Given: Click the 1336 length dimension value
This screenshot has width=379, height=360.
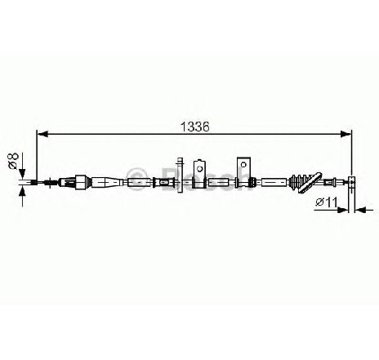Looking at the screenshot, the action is [x=195, y=127].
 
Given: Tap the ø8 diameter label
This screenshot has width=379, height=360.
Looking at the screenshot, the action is [x=13, y=161].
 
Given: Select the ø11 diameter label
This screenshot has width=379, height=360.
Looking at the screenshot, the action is [x=327, y=202].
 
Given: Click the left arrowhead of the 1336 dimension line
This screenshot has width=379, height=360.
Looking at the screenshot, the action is [x=42, y=134].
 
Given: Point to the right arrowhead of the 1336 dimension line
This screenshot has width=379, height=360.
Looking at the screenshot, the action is [x=346, y=134].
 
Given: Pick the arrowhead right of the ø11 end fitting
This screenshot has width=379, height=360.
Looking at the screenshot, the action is [x=360, y=210].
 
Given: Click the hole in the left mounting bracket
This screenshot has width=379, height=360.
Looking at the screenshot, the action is [x=200, y=169].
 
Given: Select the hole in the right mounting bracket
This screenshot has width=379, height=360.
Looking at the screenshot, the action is [x=243, y=164].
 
